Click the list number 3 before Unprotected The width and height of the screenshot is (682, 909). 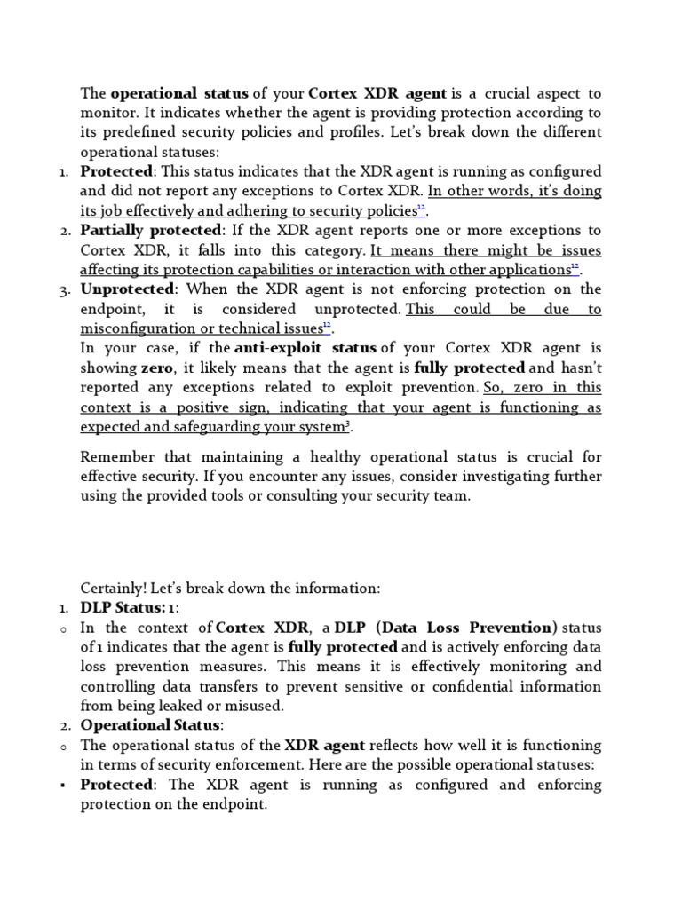click(x=65, y=290)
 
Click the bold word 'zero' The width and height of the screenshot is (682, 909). click(x=156, y=368)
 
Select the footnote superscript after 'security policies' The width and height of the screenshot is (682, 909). click(x=422, y=209)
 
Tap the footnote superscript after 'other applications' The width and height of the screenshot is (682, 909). click(x=575, y=267)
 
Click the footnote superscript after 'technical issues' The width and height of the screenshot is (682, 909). click(x=327, y=326)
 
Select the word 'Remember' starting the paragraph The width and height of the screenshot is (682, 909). click(x=115, y=457)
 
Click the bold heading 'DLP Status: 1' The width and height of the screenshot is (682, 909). click(x=130, y=607)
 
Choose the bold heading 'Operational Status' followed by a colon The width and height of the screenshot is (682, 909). click(x=151, y=726)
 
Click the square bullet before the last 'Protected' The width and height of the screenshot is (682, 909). click(x=65, y=786)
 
